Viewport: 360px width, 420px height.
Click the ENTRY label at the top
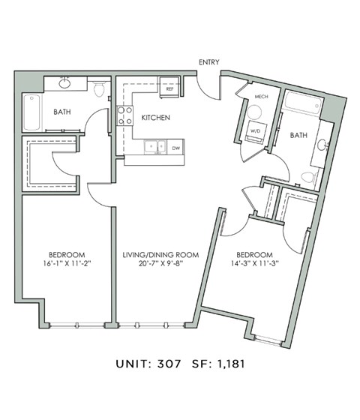coord(208,62)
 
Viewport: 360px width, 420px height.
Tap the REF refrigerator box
coord(170,88)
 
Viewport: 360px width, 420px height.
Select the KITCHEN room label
coord(155,118)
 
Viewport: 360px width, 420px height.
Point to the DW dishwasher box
coord(175,148)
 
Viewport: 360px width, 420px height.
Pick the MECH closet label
coord(261,97)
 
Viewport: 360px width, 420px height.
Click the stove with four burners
coord(124,116)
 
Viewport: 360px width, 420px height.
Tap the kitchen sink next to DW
coord(154,147)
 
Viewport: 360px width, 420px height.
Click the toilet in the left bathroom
coord(99,88)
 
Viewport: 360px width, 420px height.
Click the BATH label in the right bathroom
coord(299,135)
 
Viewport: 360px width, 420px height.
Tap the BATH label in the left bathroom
coord(62,113)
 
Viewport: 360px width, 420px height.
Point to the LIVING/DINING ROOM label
coord(160,255)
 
